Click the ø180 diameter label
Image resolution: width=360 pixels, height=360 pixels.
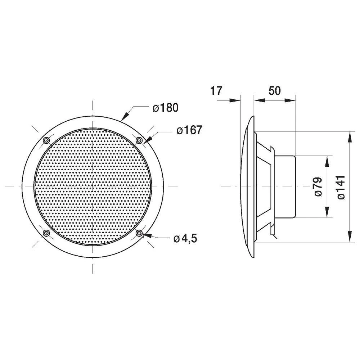click(x=165, y=108)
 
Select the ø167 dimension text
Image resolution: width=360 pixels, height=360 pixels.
click(x=189, y=130)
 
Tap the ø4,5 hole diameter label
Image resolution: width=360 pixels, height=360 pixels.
click(x=185, y=239)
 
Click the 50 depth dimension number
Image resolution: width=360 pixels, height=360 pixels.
click(x=274, y=90)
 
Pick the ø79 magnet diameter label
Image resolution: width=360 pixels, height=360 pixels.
click(x=318, y=187)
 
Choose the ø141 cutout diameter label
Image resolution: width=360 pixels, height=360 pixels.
click(x=341, y=187)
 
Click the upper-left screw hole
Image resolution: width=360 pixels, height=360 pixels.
click(x=46, y=140)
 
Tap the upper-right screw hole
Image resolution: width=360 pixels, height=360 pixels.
click(x=139, y=140)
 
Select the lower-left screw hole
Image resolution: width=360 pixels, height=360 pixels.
click(x=46, y=234)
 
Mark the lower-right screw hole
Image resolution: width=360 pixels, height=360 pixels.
click(x=139, y=234)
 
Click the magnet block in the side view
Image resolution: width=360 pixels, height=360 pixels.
click(x=285, y=186)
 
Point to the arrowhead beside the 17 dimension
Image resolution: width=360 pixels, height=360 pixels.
click(x=235, y=100)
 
